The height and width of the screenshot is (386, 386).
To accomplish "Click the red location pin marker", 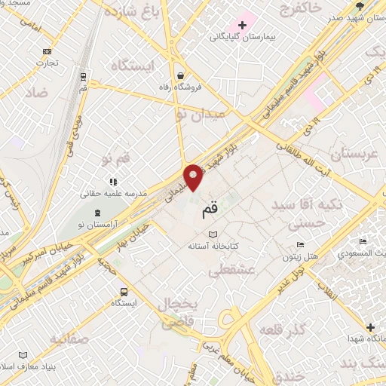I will [x=194, y=176].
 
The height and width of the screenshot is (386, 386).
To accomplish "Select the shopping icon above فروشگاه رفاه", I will [x=180, y=75].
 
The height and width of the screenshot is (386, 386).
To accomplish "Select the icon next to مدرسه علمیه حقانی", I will [x=113, y=182].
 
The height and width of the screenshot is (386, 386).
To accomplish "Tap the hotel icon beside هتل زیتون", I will [x=300, y=244].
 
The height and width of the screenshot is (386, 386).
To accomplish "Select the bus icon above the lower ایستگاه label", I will [x=123, y=292].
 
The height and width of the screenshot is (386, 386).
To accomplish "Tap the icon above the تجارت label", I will [x=47, y=51].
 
